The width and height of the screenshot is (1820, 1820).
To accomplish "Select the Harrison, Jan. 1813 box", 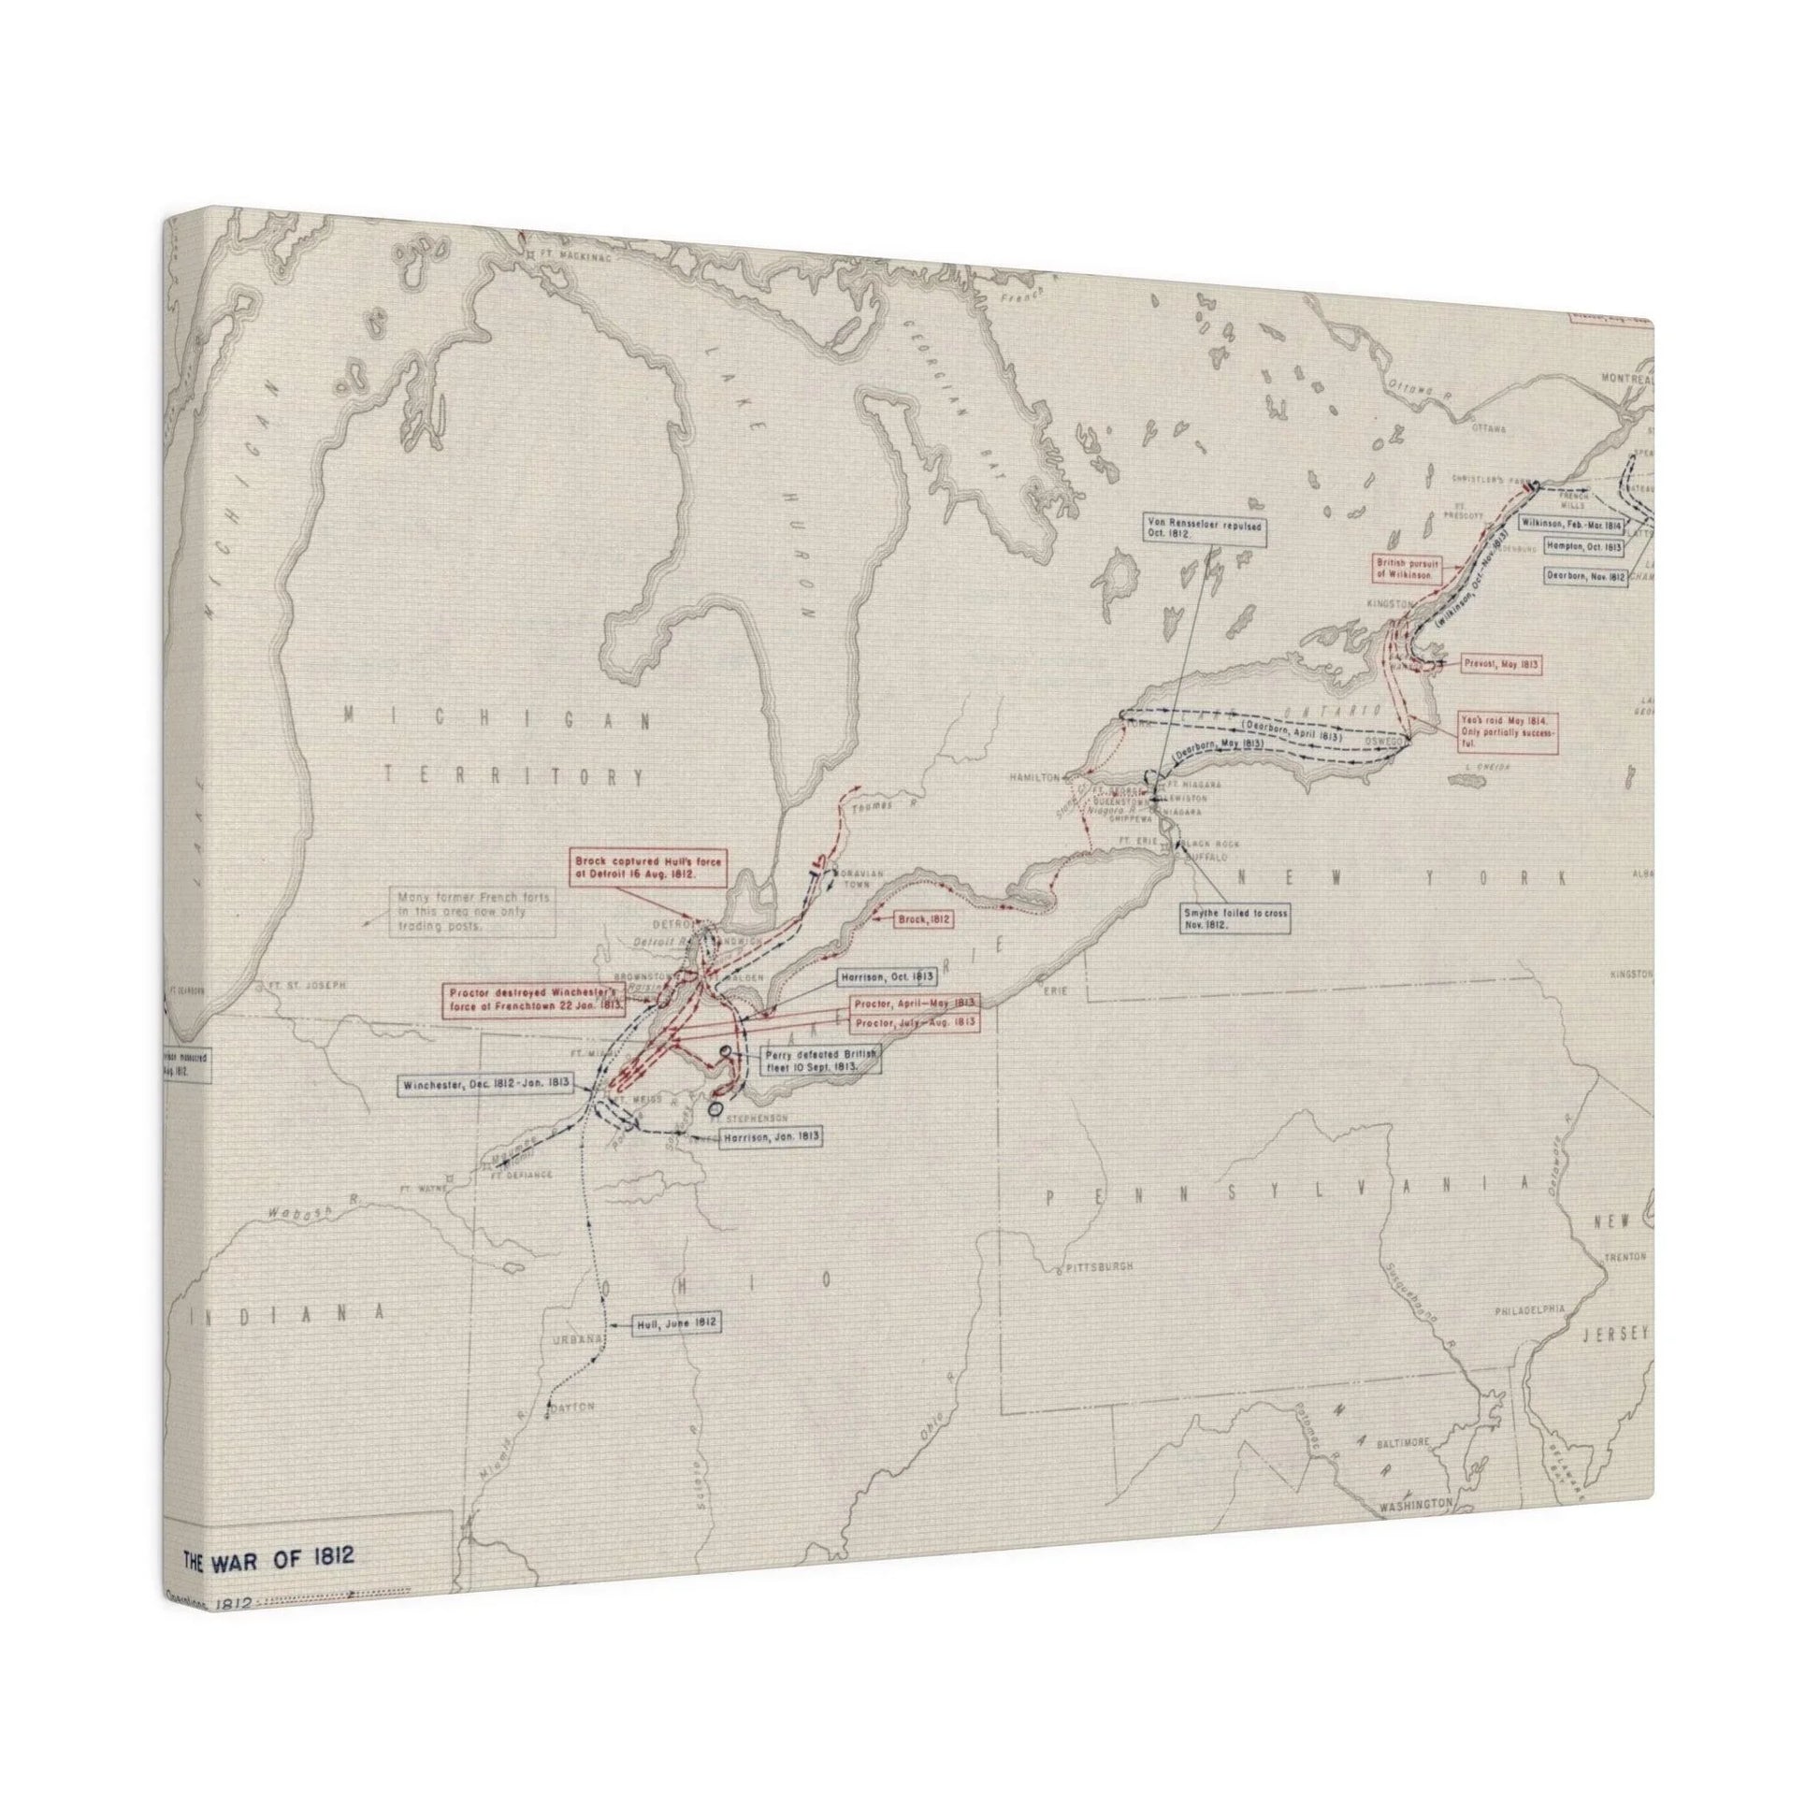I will [x=771, y=1137].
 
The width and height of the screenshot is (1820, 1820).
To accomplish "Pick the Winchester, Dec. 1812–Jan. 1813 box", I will [x=486, y=1084].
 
